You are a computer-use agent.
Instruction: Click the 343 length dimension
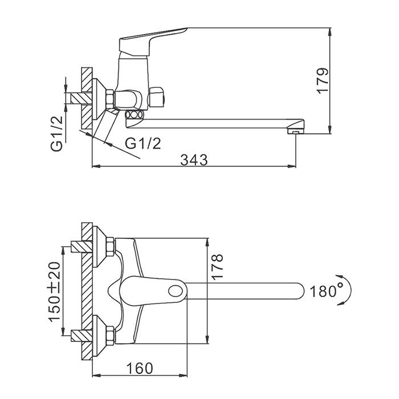click(194, 160)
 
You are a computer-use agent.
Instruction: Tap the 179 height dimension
click(323, 81)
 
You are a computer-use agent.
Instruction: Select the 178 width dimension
click(217, 267)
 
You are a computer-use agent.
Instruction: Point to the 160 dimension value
click(140, 368)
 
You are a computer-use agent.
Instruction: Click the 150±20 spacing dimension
click(55, 292)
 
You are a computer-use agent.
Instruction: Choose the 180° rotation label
click(327, 291)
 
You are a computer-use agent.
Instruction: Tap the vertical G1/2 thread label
click(56, 134)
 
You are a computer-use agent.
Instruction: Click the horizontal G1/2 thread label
click(143, 144)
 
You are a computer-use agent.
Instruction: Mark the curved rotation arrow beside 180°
click(346, 290)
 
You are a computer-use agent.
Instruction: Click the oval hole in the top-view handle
click(177, 291)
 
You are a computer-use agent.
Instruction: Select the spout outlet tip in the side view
click(295, 132)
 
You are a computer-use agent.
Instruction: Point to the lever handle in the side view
click(153, 40)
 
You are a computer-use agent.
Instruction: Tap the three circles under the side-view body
click(134, 115)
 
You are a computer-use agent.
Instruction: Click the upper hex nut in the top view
click(111, 246)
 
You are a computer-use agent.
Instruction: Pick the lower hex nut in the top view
click(111, 335)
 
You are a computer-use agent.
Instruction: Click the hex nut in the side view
click(109, 99)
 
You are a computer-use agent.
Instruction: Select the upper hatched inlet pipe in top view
click(82, 246)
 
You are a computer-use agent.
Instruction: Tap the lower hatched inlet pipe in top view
click(82, 335)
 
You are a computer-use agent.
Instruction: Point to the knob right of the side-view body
click(157, 97)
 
